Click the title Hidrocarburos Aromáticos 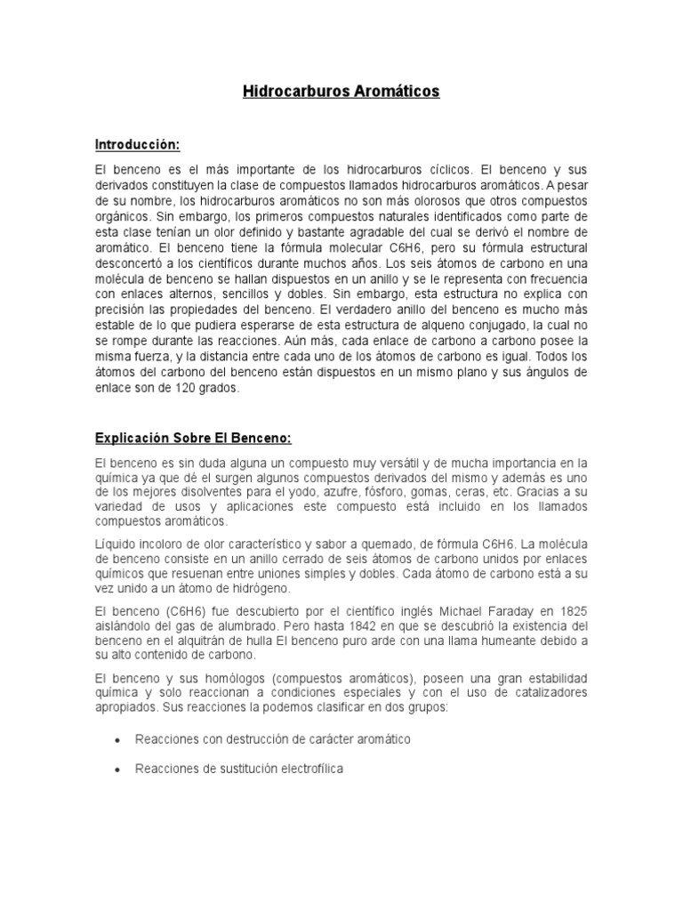click(x=341, y=92)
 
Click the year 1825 click(x=570, y=611)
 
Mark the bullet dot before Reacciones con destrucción click(x=118, y=740)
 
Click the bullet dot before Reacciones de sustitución click(x=118, y=770)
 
